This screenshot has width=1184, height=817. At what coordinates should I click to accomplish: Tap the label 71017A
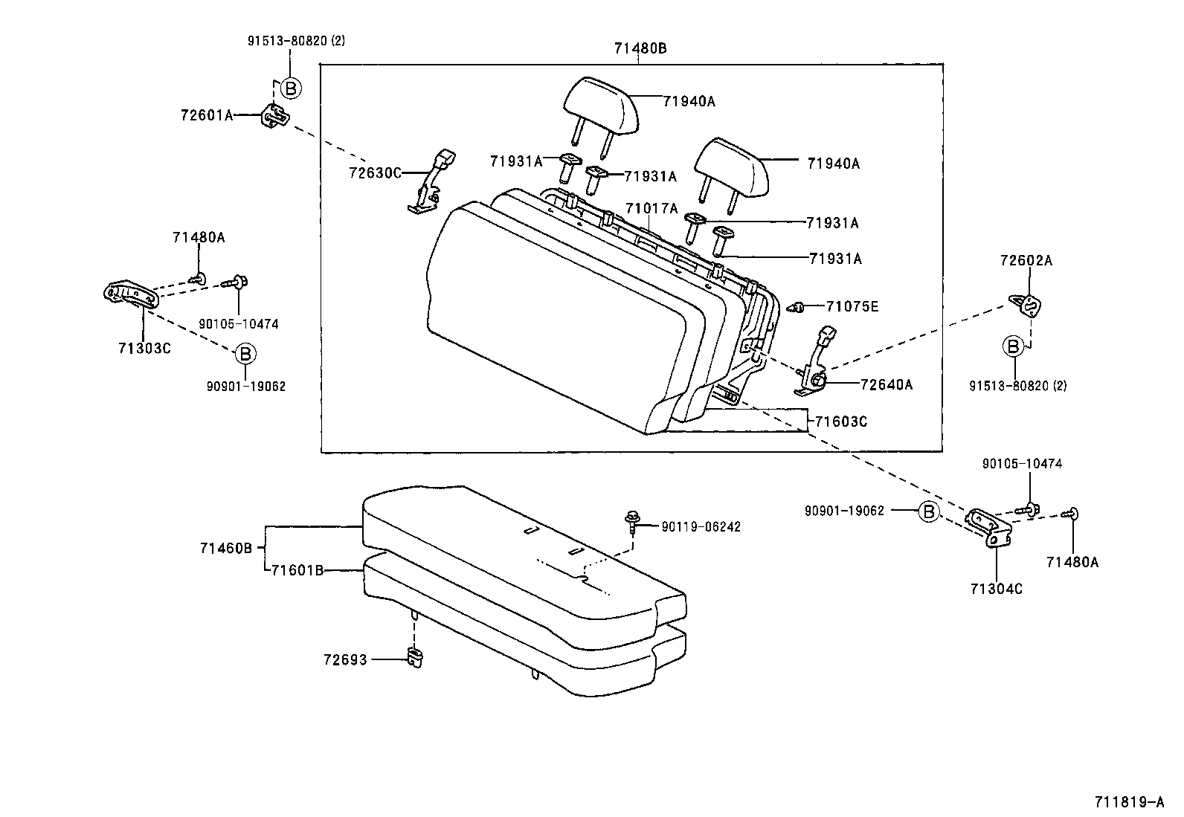click(651, 209)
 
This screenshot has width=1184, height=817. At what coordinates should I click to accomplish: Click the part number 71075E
click(852, 306)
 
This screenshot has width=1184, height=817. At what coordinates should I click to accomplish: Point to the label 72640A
click(886, 384)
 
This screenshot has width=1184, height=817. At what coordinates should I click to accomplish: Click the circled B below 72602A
click(1012, 346)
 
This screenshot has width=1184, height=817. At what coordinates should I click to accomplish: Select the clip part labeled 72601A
click(274, 115)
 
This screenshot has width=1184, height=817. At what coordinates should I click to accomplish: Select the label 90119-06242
click(701, 527)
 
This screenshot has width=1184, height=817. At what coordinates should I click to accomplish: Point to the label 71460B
click(226, 549)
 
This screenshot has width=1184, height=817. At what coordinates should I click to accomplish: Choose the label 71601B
click(297, 570)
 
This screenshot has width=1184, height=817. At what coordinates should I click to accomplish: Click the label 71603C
click(841, 422)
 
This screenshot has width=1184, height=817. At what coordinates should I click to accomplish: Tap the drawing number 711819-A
click(1128, 802)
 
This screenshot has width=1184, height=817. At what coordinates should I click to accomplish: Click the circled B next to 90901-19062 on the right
click(927, 511)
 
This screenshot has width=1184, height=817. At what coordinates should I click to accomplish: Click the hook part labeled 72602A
click(1027, 304)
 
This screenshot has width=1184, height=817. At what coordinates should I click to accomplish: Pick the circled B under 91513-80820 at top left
click(291, 88)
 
